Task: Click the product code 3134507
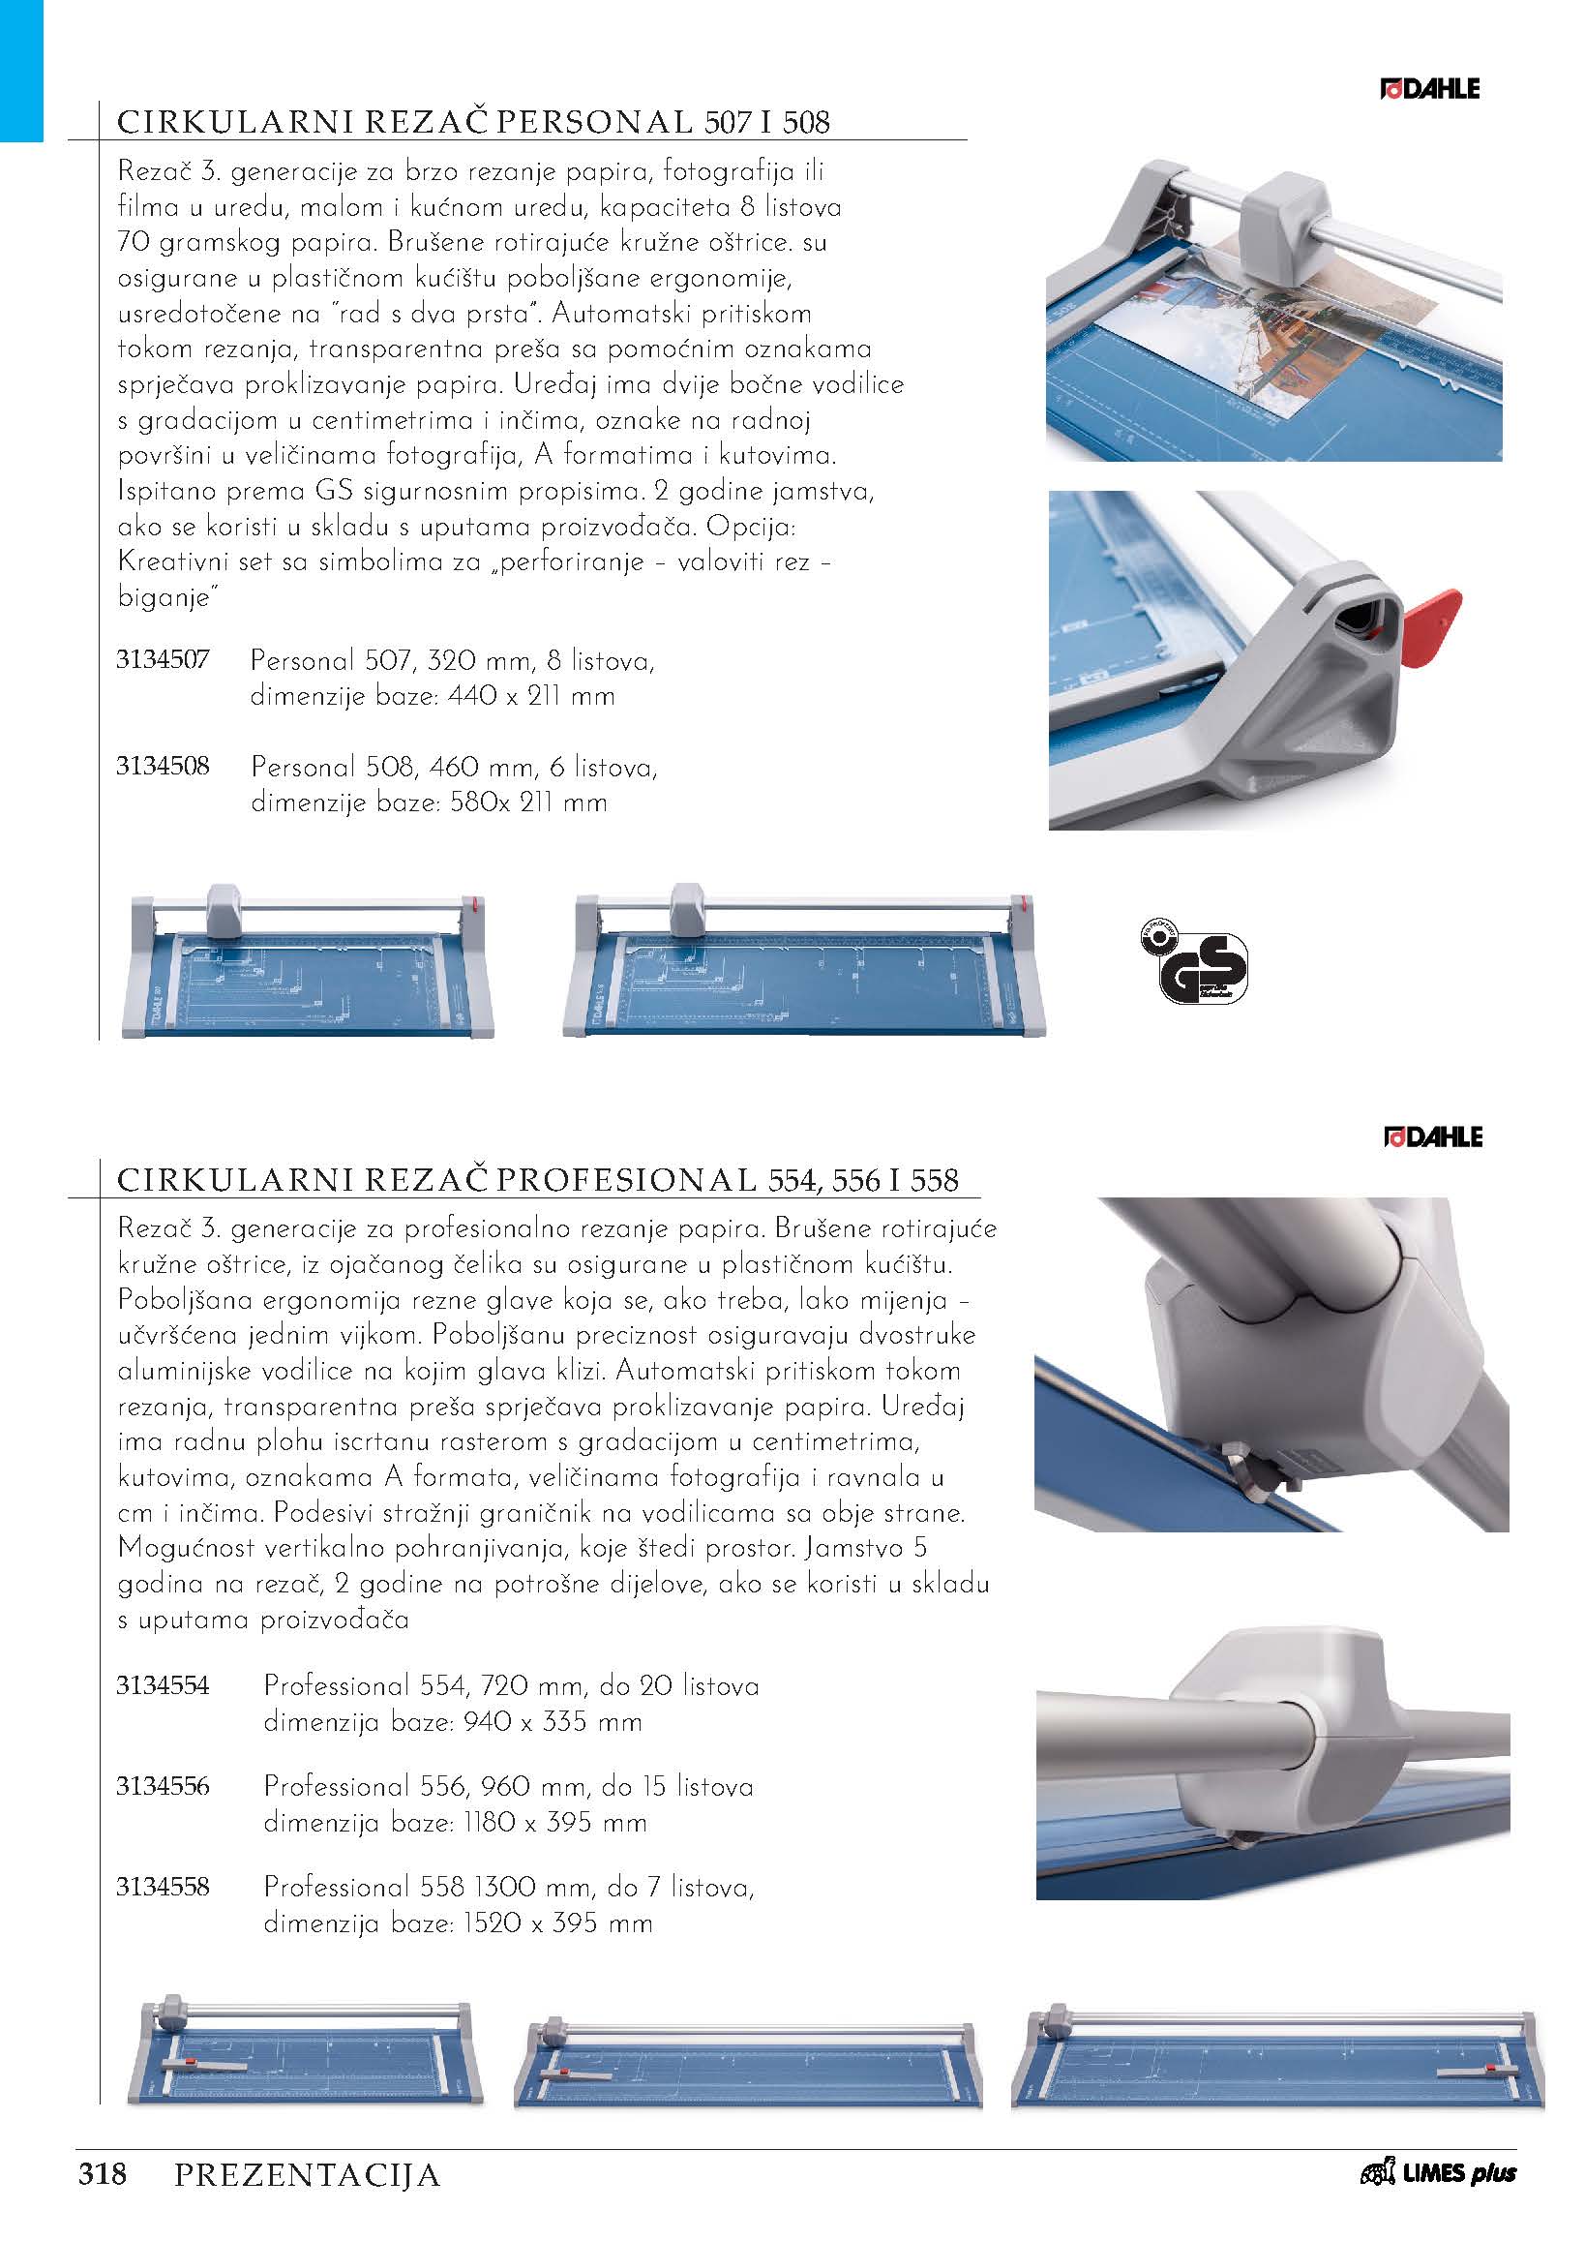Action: point(162,659)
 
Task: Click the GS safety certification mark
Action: point(1194,962)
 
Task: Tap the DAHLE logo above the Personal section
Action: point(1430,89)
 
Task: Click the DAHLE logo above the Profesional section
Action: point(1433,1137)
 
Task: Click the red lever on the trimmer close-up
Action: point(1431,628)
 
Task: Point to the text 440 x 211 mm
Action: point(524,697)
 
